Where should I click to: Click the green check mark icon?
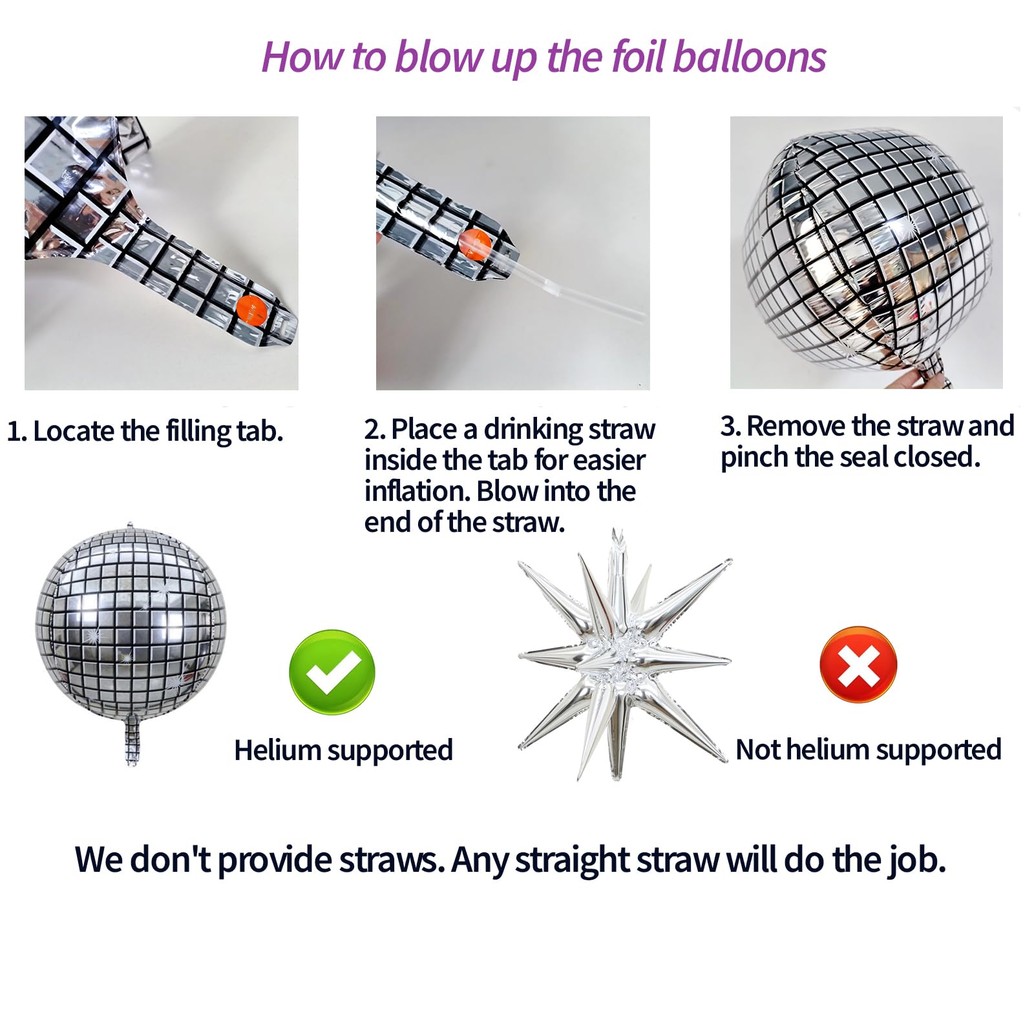coord(332,671)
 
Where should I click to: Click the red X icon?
coord(858,664)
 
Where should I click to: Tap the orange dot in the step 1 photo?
coord(251,311)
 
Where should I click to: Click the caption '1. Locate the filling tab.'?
coord(145,432)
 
